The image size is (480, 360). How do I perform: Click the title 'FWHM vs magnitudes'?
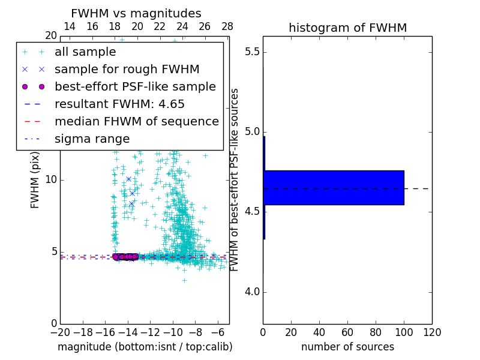pos(136,13)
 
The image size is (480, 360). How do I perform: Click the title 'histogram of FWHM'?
pos(347,28)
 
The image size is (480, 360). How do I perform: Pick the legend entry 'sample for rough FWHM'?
pos(127,70)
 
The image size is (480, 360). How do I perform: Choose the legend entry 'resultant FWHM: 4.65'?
pos(119,104)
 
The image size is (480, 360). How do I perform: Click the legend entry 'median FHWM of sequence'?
pos(136,122)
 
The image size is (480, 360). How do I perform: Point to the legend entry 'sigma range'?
pos(92,139)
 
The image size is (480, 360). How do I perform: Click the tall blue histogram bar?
pos(334,188)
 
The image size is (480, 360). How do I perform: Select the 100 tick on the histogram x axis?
pos(404,332)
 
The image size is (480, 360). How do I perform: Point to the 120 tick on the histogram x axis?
pos(432,332)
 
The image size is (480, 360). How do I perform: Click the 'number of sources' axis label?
pos(347,347)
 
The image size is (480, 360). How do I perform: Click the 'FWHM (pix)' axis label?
pos(35,180)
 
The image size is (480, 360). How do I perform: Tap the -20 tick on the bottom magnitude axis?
pos(60,332)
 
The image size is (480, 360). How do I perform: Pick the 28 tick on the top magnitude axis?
pos(227,26)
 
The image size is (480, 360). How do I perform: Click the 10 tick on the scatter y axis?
pos(52,180)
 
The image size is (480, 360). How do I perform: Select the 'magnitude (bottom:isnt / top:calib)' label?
pos(145,347)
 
